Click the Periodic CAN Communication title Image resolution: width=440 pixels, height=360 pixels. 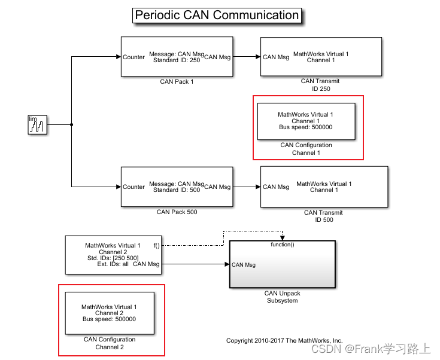217,16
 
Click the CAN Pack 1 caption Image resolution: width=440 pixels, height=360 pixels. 177,81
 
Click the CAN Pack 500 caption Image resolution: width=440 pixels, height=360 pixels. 177,212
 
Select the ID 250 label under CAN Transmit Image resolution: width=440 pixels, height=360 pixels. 320,89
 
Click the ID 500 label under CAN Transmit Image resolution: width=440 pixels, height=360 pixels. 323,219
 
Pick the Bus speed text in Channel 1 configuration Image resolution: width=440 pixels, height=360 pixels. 305,127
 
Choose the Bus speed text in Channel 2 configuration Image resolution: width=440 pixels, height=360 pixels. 109,319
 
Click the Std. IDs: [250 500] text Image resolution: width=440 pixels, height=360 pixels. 113,258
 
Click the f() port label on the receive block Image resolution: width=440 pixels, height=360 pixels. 157,245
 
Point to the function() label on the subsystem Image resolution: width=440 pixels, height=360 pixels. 283,245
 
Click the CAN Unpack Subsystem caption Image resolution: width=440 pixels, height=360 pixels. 283,297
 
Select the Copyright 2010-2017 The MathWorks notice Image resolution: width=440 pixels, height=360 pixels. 284,340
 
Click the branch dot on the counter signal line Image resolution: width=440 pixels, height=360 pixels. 72,125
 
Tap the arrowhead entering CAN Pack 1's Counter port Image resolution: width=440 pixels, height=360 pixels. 118,57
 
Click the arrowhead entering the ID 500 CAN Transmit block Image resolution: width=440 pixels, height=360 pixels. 257,187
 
